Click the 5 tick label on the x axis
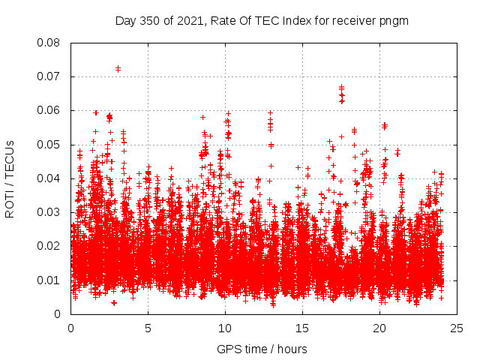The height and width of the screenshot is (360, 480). (148, 328)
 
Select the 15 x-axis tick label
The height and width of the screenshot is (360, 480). (302, 328)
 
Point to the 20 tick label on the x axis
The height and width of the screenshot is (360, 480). (379, 328)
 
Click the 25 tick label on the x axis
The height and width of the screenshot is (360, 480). (457, 328)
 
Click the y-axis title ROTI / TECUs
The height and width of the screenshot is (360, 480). (10, 178)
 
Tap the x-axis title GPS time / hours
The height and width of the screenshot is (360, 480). (263, 349)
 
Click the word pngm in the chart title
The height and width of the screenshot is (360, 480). (394, 20)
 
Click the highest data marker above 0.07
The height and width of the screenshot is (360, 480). (118, 68)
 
